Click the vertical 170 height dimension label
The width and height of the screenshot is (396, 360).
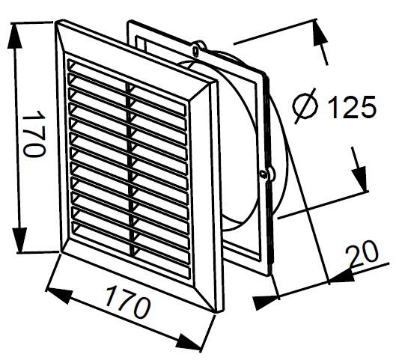[34, 134]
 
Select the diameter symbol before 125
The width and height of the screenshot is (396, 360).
[305, 106]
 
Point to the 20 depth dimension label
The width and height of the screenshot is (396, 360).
[362, 253]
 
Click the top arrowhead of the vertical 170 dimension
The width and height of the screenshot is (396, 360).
[14, 36]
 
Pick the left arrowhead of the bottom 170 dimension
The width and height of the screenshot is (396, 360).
[59, 295]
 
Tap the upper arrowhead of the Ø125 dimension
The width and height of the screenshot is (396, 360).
[320, 34]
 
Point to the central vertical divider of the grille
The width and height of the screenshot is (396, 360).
[130, 168]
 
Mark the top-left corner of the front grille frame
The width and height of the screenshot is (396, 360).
[56, 22]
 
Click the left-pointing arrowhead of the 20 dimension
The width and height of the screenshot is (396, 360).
[341, 277]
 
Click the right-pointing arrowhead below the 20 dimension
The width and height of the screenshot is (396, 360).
[265, 302]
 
